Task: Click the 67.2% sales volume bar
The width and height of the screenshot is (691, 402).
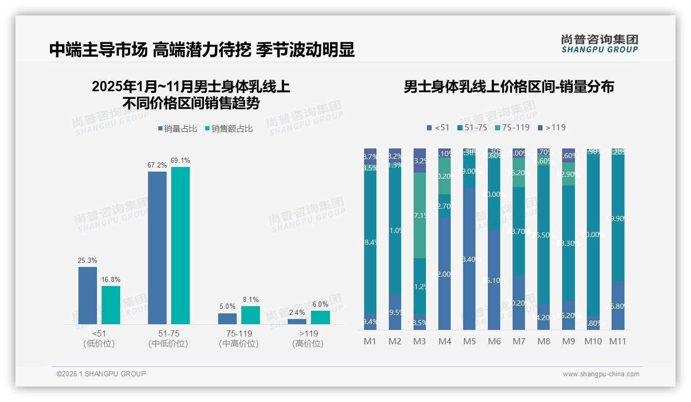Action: click(157, 247)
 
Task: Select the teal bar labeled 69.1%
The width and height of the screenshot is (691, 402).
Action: click(180, 245)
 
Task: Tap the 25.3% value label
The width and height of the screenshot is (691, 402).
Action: click(88, 261)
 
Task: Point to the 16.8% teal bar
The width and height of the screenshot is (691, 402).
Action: click(111, 305)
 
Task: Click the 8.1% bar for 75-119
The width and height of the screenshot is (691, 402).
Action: click(251, 315)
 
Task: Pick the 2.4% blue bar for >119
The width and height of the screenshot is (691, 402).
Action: click(297, 322)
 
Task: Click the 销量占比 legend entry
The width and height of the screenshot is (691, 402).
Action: click(177, 129)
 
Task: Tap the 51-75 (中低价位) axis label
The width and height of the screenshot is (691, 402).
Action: click(168, 339)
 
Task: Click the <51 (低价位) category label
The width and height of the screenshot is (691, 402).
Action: click(98, 339)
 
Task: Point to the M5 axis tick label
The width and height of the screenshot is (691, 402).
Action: click(469, 341)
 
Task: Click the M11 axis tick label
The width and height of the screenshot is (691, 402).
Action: click(617, 341)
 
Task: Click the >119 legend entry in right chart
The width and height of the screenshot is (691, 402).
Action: click(552, 127)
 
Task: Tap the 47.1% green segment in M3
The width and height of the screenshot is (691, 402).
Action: click(420, 215)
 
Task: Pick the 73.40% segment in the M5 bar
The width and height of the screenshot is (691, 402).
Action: click(469, 259)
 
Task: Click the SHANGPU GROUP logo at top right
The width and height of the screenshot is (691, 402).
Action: click(599, 44)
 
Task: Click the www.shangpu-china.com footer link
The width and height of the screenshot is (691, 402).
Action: click(601, 374)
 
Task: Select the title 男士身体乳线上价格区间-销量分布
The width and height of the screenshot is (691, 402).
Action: click(508, 87)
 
